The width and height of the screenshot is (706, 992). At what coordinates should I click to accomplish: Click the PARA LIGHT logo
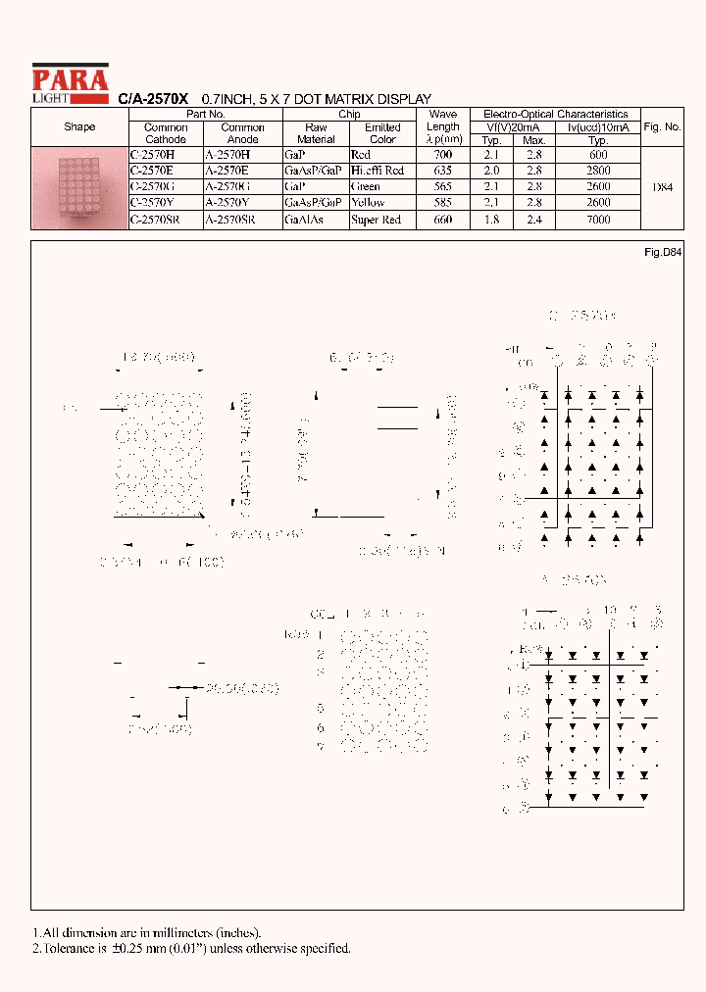pos(70,82)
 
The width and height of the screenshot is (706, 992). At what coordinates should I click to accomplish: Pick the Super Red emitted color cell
pos(376,221)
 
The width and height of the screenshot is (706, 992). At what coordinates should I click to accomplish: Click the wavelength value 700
pos(443,155)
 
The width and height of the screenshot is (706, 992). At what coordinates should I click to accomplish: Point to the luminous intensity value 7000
pos(598,221)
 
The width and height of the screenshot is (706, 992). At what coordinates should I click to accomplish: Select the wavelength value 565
pos(443,187)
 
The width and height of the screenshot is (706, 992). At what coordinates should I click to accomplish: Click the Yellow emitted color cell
pos(368,204)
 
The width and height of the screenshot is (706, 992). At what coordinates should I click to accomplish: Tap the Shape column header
pos(79,127)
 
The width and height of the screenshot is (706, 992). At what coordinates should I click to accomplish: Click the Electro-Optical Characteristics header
pos(555,115)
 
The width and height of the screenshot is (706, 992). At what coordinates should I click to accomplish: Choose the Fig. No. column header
pos(662,127)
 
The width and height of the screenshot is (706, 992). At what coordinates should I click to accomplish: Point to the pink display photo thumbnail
pos(78,187)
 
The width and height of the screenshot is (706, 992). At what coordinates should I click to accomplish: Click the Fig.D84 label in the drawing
pos(662,253)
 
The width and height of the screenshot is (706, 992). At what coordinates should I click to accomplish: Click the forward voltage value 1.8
pos(492,221)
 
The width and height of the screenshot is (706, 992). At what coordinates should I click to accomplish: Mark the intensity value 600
pos(598,155)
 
